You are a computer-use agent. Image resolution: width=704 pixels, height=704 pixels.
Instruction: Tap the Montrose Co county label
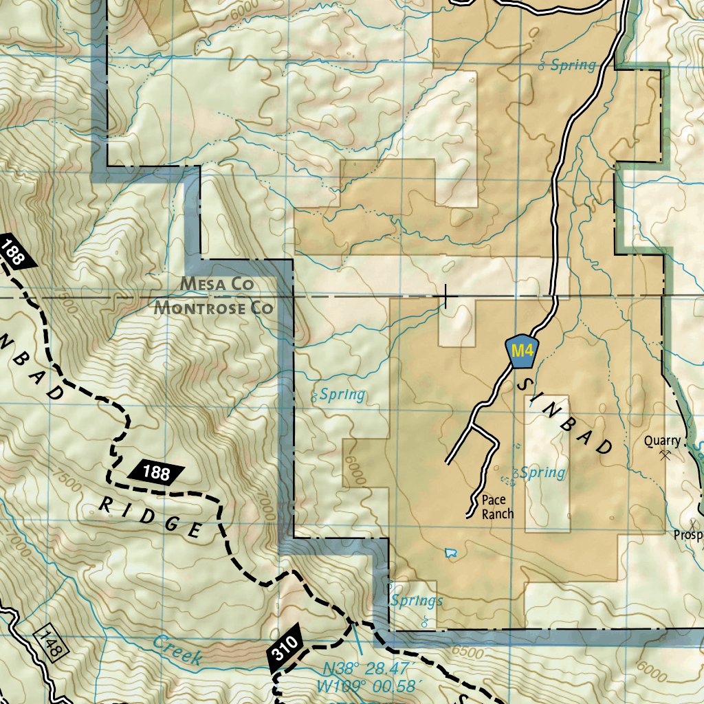(213, 307)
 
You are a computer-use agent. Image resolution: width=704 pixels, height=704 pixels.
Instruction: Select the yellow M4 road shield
(521, 351)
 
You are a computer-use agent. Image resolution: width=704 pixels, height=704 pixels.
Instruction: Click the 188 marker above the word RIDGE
(157, 472)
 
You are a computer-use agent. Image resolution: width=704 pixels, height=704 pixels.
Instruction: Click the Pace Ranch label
(497, 507)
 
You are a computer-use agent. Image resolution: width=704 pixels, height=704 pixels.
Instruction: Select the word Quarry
(662, 441)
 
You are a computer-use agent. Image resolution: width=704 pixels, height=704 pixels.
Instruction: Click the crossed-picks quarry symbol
(664, 454)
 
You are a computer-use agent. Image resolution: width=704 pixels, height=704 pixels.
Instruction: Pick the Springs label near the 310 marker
(417, 601)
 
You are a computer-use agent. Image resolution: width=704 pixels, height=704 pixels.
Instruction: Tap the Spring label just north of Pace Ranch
(542, 472)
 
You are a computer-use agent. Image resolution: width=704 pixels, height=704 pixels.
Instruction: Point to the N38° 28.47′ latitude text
(366, 668)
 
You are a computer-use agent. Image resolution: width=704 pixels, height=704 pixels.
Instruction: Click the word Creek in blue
(177, 650)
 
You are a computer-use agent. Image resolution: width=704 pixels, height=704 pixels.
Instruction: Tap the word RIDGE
(151, 516)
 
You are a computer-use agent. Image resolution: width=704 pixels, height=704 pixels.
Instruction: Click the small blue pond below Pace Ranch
(451, 552)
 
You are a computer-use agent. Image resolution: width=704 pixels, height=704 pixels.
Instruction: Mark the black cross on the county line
(446, 297)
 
